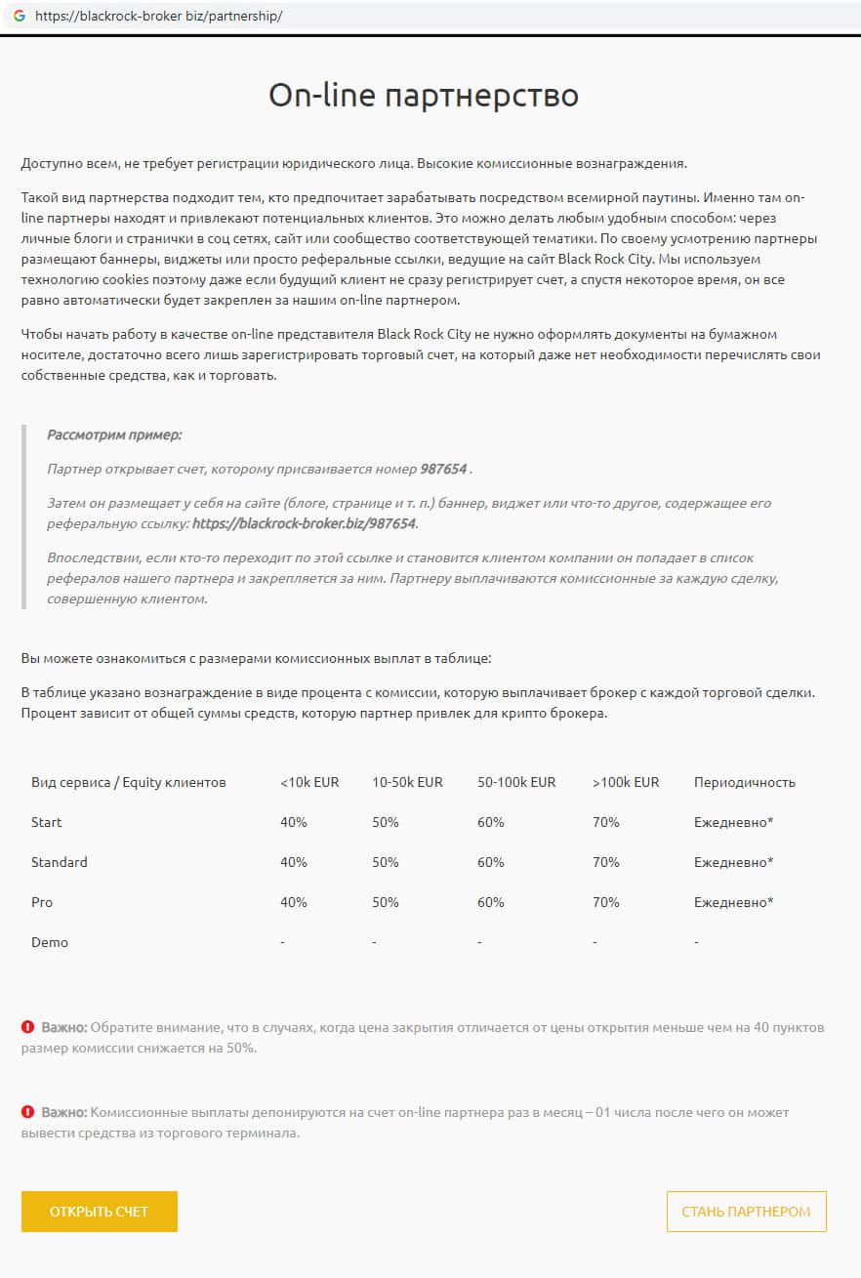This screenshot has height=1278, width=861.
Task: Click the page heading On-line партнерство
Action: [x=424, y=95]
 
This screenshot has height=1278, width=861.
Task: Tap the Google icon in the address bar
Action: [x=19, y=17]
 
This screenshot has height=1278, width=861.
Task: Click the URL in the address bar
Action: [x=158, y=17]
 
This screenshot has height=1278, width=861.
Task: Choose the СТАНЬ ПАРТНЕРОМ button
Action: [x=746, y=1212]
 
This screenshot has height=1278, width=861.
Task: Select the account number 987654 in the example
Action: [x=444, y=469]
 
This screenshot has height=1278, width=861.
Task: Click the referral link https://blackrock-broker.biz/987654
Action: [x=304, y=523]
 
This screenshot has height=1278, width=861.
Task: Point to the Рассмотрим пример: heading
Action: [x=114, y=434]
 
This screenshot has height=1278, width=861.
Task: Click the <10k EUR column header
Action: [x=309, y=782]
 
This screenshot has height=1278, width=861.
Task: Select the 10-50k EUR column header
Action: [x=407, y=782]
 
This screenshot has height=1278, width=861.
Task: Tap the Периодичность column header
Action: [x=744, y=782]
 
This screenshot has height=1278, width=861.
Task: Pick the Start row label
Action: [x=46, y=822]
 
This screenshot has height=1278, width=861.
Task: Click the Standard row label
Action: [x=59, y=862]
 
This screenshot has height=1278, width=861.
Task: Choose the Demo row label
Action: [x=50, y=942]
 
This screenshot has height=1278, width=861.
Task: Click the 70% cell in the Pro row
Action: [x=605, y=902]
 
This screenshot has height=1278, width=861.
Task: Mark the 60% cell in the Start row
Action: [x=490, y=822]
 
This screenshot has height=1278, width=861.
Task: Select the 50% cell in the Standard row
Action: [x=386, y=862]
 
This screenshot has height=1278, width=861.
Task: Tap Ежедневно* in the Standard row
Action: [x=733, y=862]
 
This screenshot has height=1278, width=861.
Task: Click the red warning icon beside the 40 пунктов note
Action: [x=28, y=1027]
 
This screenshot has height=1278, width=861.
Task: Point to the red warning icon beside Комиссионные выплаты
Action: [x=28, y=1112]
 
